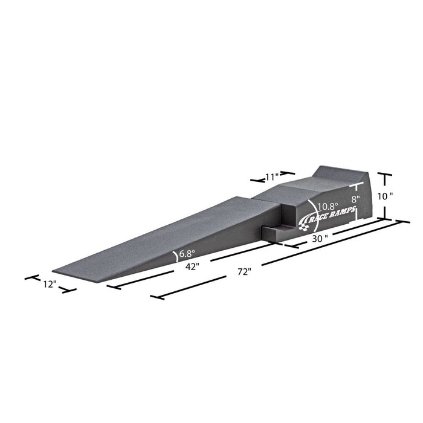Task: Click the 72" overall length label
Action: [244, 272]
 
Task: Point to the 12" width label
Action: [50, 283]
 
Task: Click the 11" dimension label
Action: [272, 177]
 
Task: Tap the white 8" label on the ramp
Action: [355, 199]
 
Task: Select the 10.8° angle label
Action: [327, 205]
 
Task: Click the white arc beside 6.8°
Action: [176, 256]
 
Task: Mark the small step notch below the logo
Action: [276, 231]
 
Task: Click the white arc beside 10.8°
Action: [312, 208]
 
